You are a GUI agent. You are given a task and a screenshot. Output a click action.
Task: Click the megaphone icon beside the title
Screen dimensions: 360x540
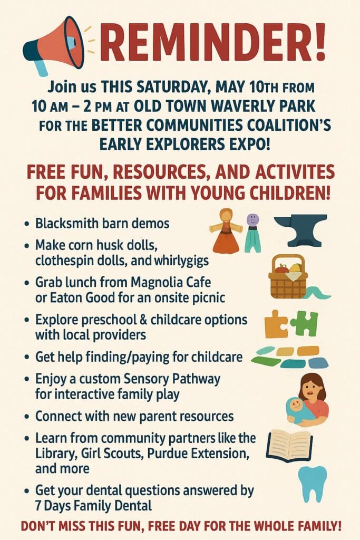point(55,45)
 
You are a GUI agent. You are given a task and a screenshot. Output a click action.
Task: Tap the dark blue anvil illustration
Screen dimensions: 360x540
point(300,230)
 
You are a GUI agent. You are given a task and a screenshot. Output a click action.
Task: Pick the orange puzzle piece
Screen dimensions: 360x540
point(276,324)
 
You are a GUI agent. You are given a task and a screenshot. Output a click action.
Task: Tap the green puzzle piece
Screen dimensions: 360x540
point(304,323)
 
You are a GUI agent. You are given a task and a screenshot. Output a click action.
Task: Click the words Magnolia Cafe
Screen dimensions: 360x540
point(171,282)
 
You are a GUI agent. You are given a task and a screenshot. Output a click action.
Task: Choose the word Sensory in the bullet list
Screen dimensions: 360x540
point(146,379)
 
